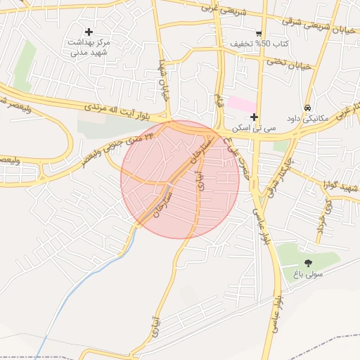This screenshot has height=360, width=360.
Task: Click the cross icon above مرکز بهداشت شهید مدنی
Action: tap(89, 32)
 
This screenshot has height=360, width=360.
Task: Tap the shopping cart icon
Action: tap(259, 33)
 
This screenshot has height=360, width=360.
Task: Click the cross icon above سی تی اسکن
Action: tap(254, 116)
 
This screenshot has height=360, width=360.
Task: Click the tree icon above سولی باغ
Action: tap(309, 262)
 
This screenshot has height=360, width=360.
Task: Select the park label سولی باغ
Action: tap(309, 274)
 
